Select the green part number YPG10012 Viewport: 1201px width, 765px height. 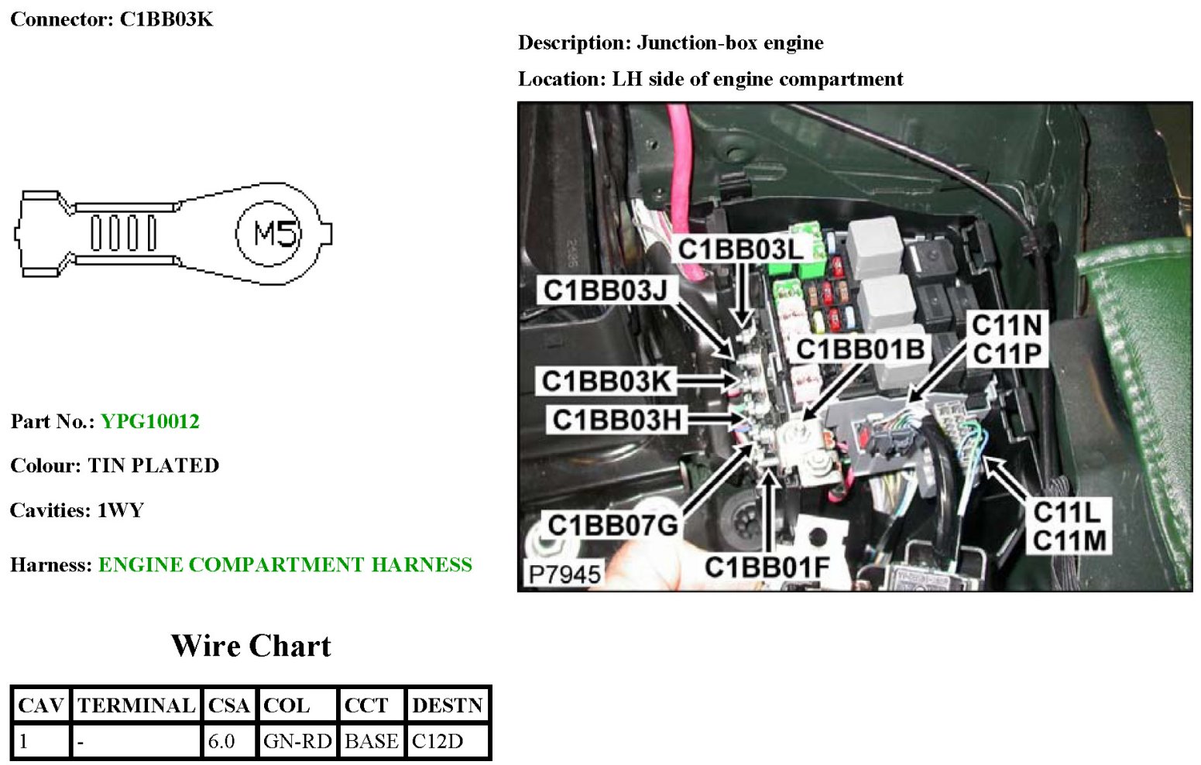(150, 421)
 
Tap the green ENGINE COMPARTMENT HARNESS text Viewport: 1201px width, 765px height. (285, 564)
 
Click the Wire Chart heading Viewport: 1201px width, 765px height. (251, 646)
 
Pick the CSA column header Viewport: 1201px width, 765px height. (228, 705)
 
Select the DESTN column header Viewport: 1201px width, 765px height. (447, 705)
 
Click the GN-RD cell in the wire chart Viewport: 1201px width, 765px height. (297, 741)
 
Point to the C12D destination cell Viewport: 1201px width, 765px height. (438, 741)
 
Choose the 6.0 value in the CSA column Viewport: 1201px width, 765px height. (221, 741)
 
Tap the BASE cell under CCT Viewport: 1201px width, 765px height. (371, 741)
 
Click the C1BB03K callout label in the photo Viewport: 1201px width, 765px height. (606, 381)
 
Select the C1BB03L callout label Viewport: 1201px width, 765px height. (740, 249)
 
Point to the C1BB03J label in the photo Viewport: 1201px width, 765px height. (605, 290)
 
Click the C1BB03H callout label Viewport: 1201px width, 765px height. (616, 420)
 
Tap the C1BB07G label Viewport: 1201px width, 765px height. (613, 526)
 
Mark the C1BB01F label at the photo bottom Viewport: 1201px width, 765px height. (767, 568)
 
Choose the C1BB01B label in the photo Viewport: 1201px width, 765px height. (860, 349)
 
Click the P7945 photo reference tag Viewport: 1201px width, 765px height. (564, 575)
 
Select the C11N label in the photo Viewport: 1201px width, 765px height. (1007, 325)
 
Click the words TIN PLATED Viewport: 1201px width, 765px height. (153, 465)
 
